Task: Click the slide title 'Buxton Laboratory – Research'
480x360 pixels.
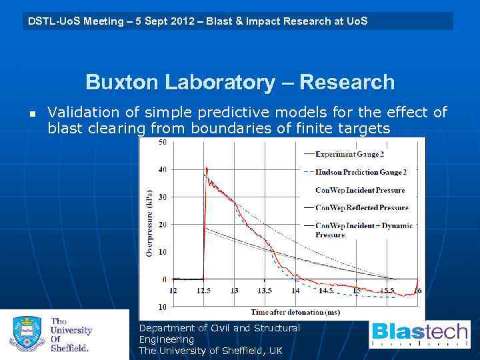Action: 240,83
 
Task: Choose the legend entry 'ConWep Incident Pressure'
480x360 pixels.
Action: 360,190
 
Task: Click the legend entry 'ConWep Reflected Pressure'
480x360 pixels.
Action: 362,208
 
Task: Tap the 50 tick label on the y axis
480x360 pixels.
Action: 163,142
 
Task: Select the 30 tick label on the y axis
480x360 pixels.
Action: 163,197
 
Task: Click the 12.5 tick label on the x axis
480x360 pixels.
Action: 204,291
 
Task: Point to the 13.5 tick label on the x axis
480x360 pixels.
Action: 265,291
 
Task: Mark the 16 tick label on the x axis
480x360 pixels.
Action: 418,291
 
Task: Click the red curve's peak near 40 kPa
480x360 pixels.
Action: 207,168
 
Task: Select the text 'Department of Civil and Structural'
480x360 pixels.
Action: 219,328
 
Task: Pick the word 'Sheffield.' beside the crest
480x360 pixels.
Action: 70,347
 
